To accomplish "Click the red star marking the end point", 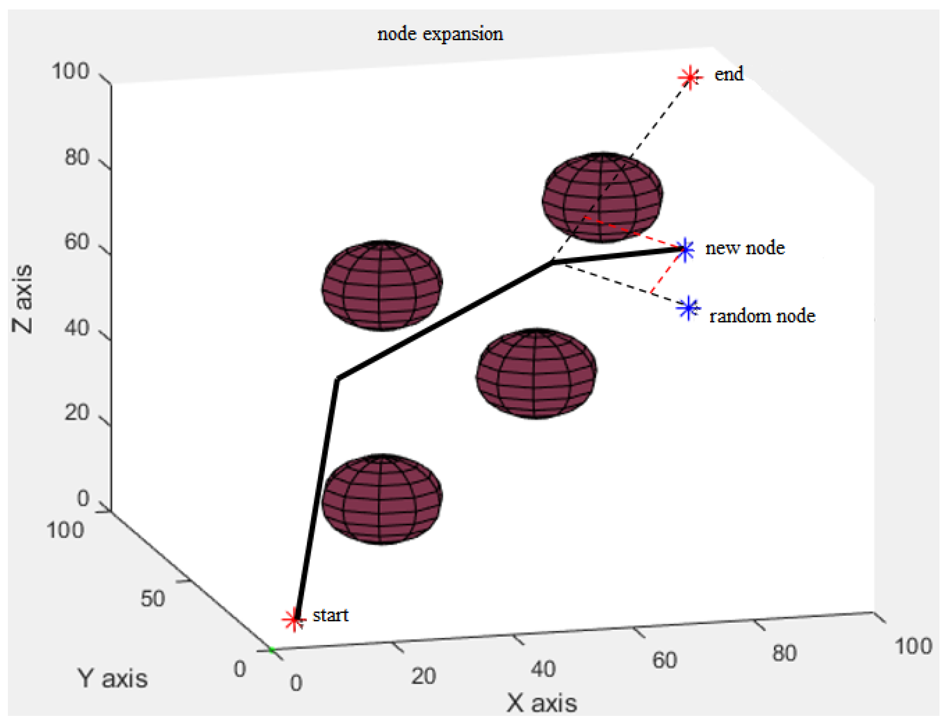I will [690, 78].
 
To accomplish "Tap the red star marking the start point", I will [294, 619].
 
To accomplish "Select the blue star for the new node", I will [685, 249].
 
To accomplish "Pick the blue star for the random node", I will [689, 308].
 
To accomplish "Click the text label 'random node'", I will [762, 316].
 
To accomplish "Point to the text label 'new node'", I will [745, 248].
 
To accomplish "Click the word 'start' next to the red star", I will [331, 615].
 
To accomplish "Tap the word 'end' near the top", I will [729, 74].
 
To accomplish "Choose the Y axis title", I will [113, 678].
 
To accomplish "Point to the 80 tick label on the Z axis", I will [77, 157].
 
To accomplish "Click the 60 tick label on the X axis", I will [664, 660].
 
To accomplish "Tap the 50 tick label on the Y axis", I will [152, 599].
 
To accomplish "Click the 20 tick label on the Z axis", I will [77, 413].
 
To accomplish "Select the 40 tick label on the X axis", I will [543, 669].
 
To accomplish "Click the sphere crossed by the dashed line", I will [602, 197].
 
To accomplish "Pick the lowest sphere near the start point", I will [382, 499].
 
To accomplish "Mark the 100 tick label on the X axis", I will [913, 646].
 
